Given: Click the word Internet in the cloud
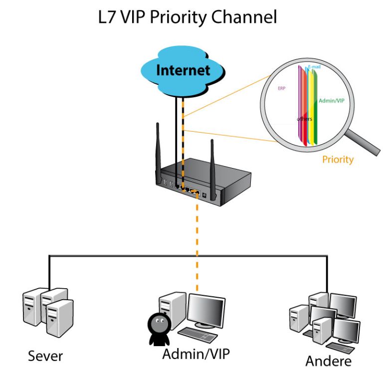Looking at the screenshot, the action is pyautogui.click(x=183, y=70).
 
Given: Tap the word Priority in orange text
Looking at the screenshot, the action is pyautogui.click(x=338, y=160).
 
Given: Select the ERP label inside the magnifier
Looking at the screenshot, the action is pyautogui.click(x=282, y=88).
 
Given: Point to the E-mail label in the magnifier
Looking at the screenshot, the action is pyautogui.click(x=314, y=66).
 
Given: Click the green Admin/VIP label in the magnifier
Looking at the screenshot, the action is pyautogui.click(x=332, y=101).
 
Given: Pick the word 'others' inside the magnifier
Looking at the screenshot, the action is pyautogui.click(x=304, y=119).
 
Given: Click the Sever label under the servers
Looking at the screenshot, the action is pyautogui.click(x=45, y=356).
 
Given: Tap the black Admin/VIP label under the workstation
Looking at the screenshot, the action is pyautogui.click(x=196, y=354).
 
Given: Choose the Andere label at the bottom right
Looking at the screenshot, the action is pyautogui.click(x=328, y=361).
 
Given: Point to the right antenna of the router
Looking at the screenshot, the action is pyautogui.click(x=213, y=169).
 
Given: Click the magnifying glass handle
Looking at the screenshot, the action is pyautogui.click(x=364, y=143).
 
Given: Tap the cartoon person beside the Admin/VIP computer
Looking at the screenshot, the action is pyautogui.click(x=159, y=329).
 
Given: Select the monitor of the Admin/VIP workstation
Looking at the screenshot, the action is pyautogui.click(x=206, y=311).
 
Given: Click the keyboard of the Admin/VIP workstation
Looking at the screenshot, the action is pyautogui.click(x=197, y=334).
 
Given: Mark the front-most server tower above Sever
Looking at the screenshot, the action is pyautogui.click(x=60, y=318).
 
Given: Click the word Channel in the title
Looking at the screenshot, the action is pyautogui.click(x=244, y=17).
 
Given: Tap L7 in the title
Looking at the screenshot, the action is pyautogui.click(x=107, y=17).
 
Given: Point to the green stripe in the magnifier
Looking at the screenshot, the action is pyautogui.click(x=315, y=108).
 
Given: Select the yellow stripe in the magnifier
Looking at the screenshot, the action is pyautogui.click(x=311, y=108).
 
